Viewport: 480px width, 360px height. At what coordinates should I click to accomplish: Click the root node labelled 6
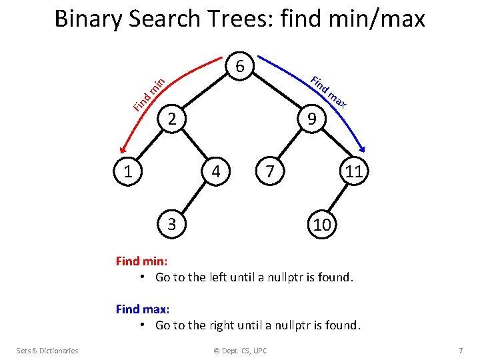coord(242,67)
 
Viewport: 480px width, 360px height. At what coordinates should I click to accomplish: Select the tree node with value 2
coord(171,119)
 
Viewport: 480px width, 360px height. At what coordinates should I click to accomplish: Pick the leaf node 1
coord(126,171)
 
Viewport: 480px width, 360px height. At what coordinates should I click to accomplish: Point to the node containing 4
coord(215,171)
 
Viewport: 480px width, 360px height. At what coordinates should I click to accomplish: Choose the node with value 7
coord(269,171)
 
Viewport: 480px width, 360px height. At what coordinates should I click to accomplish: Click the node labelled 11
coord(353,171)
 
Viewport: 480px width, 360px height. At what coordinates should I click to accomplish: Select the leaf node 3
coord(171,224)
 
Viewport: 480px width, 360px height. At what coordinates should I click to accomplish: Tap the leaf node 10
coord(322,225)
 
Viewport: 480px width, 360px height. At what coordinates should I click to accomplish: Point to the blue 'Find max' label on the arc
coord(329,92)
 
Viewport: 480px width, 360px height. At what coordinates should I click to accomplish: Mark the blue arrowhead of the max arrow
coord(363,150)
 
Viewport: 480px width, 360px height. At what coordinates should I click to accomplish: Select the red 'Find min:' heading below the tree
coord(141,261)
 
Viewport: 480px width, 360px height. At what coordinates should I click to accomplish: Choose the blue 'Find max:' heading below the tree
coord(143,309)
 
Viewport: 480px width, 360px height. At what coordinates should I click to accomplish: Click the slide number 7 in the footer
coord(460,351)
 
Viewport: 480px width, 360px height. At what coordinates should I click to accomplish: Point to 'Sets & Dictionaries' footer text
coord(47,351)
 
